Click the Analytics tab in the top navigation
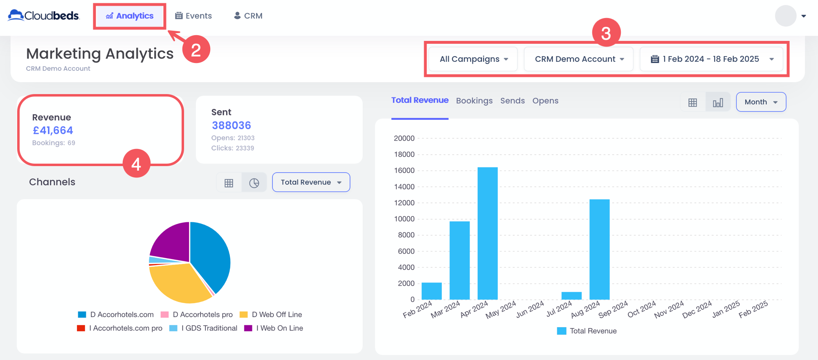(130, 16)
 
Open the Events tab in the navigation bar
(193, 16)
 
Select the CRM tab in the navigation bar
(248, 16)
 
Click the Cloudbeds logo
(44, 16)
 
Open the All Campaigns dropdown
(473, 59)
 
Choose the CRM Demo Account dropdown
(579, 59)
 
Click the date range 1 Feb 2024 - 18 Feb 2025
(711, 59)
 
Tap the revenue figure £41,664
(53, 130)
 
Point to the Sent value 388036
(231, 126)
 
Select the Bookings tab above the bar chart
(474, 101)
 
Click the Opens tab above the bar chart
(545, 101)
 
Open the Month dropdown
(761, 102)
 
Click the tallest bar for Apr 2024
(488, 233)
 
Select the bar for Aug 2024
(599, 250)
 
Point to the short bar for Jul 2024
(571, 296)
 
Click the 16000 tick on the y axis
(404, 171)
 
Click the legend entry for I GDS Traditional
(209, 328)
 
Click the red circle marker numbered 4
(136, 164)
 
